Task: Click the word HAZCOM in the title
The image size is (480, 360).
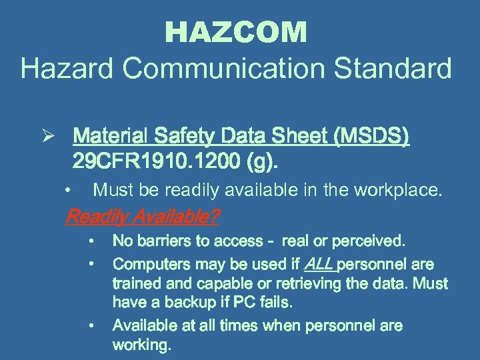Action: click(x=236, y=33)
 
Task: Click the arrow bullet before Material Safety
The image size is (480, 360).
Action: click(x=40, y=138)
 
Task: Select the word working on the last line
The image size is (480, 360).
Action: click(x=141, y=345)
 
